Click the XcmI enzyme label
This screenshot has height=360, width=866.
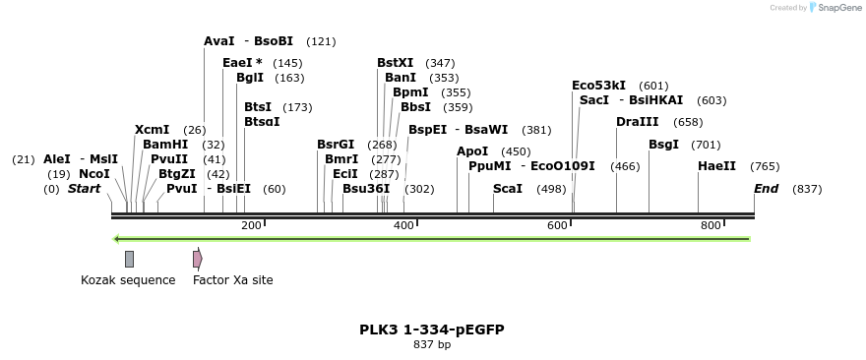[152, 130]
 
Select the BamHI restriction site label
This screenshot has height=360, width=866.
[165, 145]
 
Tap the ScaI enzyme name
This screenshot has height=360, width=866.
[508, 189]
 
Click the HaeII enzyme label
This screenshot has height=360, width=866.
[716, 166]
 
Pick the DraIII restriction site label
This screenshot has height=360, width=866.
[638, 122]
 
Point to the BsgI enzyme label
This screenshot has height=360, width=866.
[663, 145]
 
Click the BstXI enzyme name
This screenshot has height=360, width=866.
[395, 63]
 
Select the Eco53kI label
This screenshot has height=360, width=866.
[598, 86]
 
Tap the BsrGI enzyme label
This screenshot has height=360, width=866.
[336, 145]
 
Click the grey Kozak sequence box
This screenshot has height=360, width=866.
[129, 259]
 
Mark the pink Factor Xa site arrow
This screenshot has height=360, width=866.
[197, 259]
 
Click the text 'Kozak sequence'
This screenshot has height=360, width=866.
[128, 280]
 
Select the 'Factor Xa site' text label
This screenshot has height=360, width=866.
[233, 280]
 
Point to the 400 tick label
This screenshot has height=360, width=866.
[403, 226]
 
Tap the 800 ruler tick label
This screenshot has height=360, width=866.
[711, 226]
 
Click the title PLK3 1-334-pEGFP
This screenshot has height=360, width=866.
[432, 330]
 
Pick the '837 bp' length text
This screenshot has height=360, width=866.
[432, 345]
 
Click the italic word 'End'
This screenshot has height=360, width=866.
[766, 189]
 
